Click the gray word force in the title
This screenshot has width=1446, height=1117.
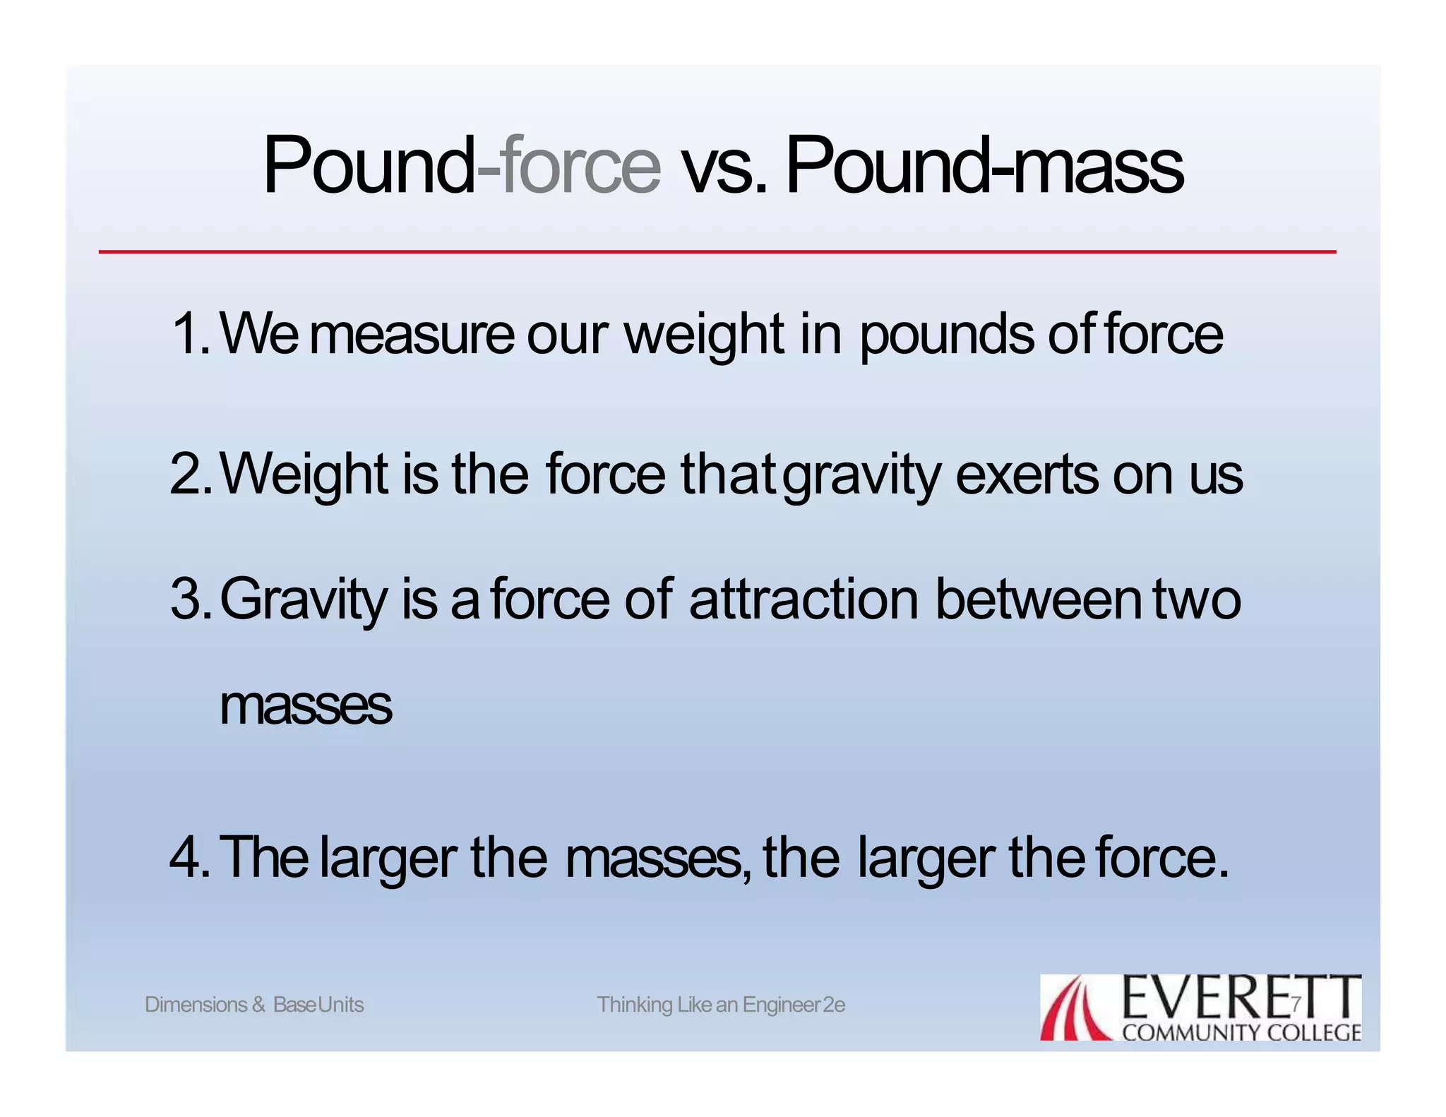tap(580, 165)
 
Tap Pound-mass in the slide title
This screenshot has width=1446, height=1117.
tap(984, 165)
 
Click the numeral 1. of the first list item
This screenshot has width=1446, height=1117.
tap(191, 333)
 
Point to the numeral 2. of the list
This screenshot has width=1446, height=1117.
tap(191, 474)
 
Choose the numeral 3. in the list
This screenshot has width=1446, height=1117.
tap(191, 599)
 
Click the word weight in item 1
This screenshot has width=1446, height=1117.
tap(704, 335)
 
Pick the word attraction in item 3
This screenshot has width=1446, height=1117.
tap(803, 599)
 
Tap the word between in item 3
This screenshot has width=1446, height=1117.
tap(1037, 599)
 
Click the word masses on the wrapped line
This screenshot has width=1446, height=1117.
tap(305, 706)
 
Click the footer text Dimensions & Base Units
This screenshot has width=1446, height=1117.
tap(254, 1004)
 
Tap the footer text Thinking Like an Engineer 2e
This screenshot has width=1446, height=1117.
tap(721, 1004)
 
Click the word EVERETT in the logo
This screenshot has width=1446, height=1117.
tap(1240, 997)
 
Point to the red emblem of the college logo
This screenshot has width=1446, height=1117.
tap(1075, 1008)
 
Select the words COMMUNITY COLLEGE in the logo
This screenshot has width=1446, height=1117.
tap(1241, 1032)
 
